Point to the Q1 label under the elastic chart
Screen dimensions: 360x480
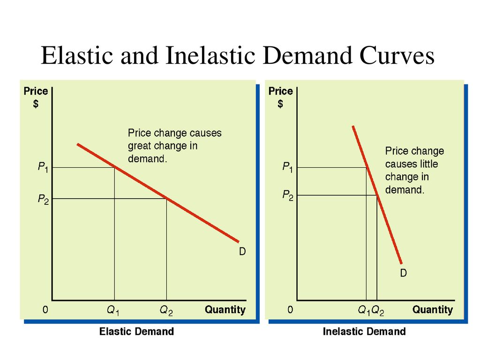click(x=113, y=310)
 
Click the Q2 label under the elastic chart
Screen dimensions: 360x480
click(x=166, y=310)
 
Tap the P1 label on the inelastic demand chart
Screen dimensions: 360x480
click(x=287, y=167)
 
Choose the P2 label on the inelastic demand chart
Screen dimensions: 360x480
click(x=287, y=195)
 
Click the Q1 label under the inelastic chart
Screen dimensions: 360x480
click(x=364, y=310)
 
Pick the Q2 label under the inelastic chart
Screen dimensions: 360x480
click(x=378, y=310)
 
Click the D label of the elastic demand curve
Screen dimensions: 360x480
click(x=242, y=252)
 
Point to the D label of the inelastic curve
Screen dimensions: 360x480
click(x=403, y=273)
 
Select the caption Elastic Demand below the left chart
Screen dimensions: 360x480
click(x=136, y=332)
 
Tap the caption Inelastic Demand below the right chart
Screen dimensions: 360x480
click(x=364, y=332)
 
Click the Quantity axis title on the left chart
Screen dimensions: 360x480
click(x=225, y=309)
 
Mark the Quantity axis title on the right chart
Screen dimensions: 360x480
click(x=433, y=309)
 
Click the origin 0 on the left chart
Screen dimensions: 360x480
click(x=45, y=310)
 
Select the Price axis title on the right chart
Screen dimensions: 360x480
click(x=280, y=91)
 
